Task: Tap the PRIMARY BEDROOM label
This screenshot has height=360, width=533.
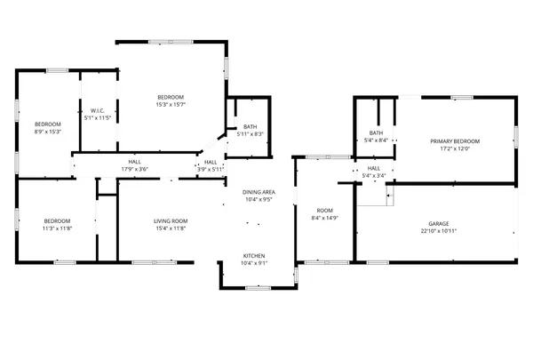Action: [455, 141]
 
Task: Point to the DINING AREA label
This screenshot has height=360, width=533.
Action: [259, 192]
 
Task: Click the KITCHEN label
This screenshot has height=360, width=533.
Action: [255, 255]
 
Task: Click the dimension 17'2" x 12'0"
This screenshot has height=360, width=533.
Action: [455, 148]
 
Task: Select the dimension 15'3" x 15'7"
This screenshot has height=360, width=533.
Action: [171, 104]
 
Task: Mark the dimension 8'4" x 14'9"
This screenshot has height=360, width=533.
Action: [324, 218]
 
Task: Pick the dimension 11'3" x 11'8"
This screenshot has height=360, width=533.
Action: [58, 228]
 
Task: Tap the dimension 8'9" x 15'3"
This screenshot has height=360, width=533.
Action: [47, 131]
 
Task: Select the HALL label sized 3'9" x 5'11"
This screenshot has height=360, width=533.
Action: [211, 162]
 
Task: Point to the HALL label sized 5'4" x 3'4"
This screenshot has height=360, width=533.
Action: [373, 168]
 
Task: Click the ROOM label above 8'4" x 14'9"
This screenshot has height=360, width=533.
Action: [324, 211]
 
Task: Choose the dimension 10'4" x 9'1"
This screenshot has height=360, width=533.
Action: [255, 262]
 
